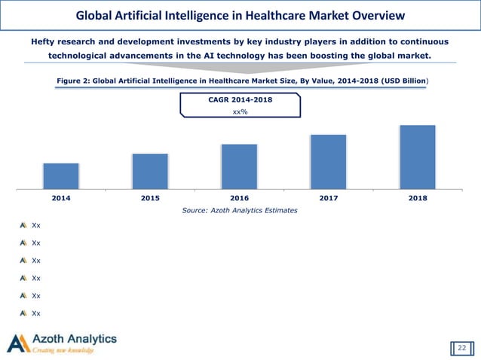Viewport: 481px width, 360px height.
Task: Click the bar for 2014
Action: click(61, 175)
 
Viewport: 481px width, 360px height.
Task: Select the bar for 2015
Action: click(150, 171)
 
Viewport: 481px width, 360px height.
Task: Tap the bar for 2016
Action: click(239, 166)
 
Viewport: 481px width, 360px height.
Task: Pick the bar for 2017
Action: click(328, 161)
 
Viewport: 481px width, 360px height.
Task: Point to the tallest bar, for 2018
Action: click(417, 157)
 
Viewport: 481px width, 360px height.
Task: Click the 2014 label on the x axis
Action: click(61, 198)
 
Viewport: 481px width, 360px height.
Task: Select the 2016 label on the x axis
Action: click(239, 198)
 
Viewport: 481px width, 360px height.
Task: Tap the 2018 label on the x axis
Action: click(417, 198)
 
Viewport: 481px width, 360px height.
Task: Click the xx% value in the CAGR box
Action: click(240, 111)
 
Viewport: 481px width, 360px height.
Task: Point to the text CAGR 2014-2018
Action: click(240, 99)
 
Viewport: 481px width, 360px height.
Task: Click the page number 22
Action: click(462, 347)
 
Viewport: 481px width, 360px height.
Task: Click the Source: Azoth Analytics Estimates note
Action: click(240, 211)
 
